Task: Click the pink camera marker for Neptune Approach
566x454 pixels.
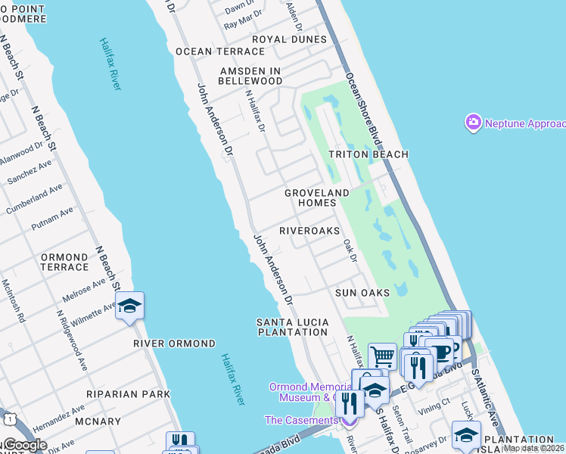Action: (x=474, y=123)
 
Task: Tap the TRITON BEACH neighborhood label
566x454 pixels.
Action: (x=369, y=154)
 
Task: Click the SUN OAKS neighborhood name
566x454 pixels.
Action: (x=362, y=293)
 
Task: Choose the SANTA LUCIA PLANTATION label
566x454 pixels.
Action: (x=293, y=327)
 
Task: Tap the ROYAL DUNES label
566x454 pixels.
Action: (x=289, y=39)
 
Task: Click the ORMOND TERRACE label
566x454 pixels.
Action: (x=64, y=263)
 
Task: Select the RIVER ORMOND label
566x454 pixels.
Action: (x=175, y=344)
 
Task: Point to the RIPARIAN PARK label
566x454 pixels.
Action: (x=117, y=394)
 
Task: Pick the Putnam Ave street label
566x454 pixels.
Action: (x=52, y=219)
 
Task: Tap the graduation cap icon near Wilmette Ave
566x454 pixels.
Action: (x=129, y=306)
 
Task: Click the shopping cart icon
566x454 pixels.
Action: (x=383, y=355)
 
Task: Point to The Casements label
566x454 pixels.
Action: (x=299, y=420)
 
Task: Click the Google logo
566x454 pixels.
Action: (x=24, y=445)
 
